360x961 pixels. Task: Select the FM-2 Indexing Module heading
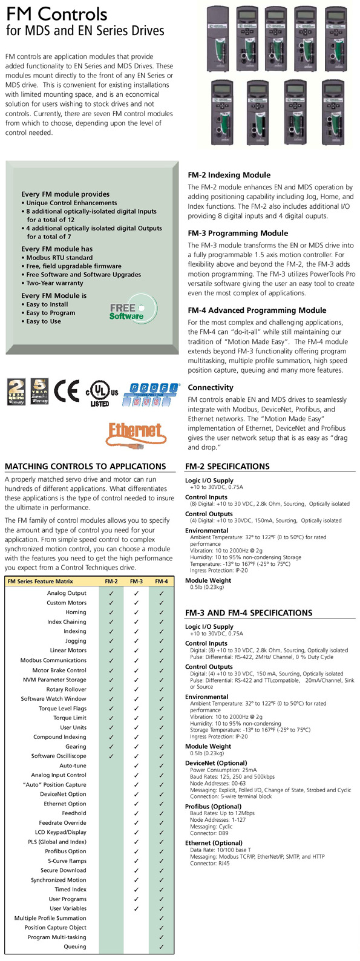[229, 175]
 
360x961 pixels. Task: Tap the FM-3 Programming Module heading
[238, 233]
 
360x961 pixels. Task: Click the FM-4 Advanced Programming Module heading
[257, 310]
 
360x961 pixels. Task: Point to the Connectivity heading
[211, 387]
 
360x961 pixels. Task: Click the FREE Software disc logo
[127, 311]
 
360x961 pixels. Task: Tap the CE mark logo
[67, 391]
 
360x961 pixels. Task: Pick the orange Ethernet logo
[135, 432]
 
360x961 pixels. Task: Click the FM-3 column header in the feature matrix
[136, 582]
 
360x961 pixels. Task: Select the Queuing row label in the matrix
[75, 946]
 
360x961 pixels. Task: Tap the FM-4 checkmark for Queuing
[161, 946]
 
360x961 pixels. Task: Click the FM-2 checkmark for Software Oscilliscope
[111, 756]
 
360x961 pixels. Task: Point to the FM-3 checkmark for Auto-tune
[136, 766]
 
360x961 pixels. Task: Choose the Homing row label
[76, 612]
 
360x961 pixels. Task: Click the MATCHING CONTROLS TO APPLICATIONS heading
[85, 467]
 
